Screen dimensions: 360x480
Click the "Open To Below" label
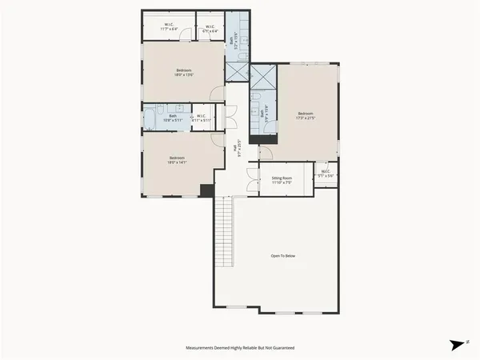point(283,256)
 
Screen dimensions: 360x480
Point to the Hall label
point(237,148)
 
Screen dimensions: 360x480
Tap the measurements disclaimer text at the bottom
point(239,348)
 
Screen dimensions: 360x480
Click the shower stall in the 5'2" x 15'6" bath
point(237,70)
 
